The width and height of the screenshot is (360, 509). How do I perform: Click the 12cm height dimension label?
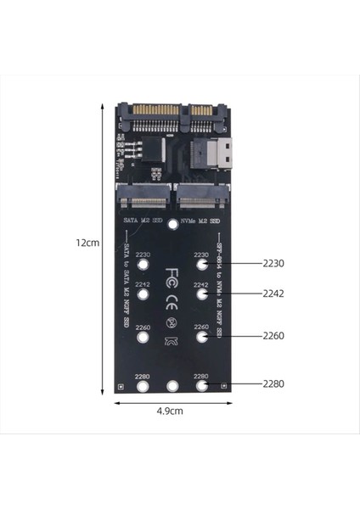coord(87,242)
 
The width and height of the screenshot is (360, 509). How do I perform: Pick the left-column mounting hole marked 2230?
coord(143,263)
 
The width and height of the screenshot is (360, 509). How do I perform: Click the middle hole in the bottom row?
coord(173,386)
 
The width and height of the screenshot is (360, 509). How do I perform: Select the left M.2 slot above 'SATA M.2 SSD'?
coord(144,201)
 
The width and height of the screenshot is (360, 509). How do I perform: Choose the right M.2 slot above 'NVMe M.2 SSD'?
coord(201,201)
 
